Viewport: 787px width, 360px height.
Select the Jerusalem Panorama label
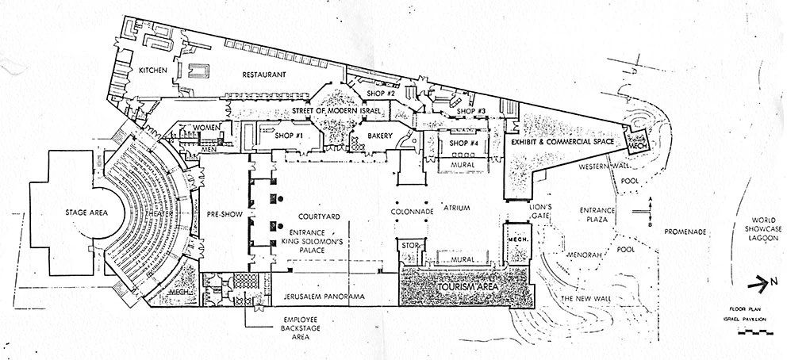click(323, 297)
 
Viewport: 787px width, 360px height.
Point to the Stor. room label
click(409, 246)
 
